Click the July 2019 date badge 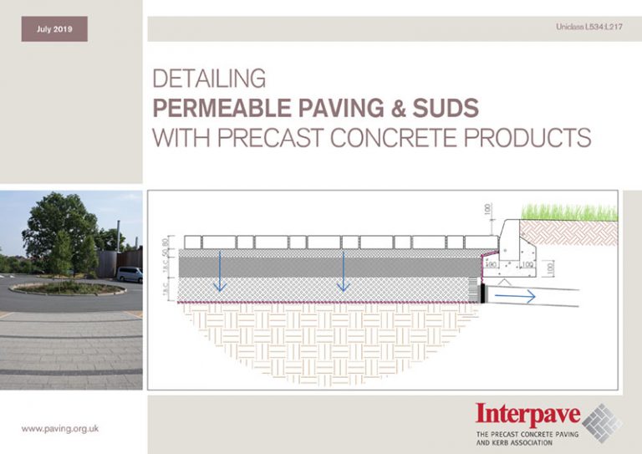coord(54,29)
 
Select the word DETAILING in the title coord(209,80)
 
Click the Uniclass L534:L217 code coord(588,28)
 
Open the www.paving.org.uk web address coord(60,428)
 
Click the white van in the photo coord(129,273)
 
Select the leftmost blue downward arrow coord(219,271)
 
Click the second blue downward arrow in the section coord(340,271)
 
